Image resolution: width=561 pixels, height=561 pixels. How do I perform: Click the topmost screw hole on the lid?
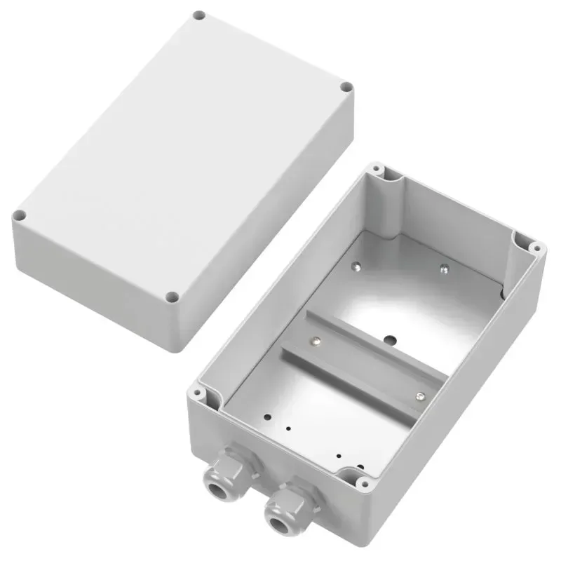click(x=198, y=15)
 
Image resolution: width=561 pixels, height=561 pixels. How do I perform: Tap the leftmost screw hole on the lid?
click(x=20, y=215)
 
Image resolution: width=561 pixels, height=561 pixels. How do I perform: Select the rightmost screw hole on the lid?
click(x=346, y=88)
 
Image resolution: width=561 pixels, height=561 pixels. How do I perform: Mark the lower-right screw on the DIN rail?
click(x=419, y=397)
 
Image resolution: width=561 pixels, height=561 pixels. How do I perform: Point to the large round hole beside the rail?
click(x=388, y=342)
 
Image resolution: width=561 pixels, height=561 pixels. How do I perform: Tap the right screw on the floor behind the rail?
click(x=443, y=267)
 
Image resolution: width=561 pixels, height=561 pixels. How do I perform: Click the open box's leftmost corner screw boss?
click(x=199, y=394)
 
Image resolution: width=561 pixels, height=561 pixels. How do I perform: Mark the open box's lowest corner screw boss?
click(x=363, y=483)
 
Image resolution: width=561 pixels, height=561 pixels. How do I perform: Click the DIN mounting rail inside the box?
click(x=365, y=368)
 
